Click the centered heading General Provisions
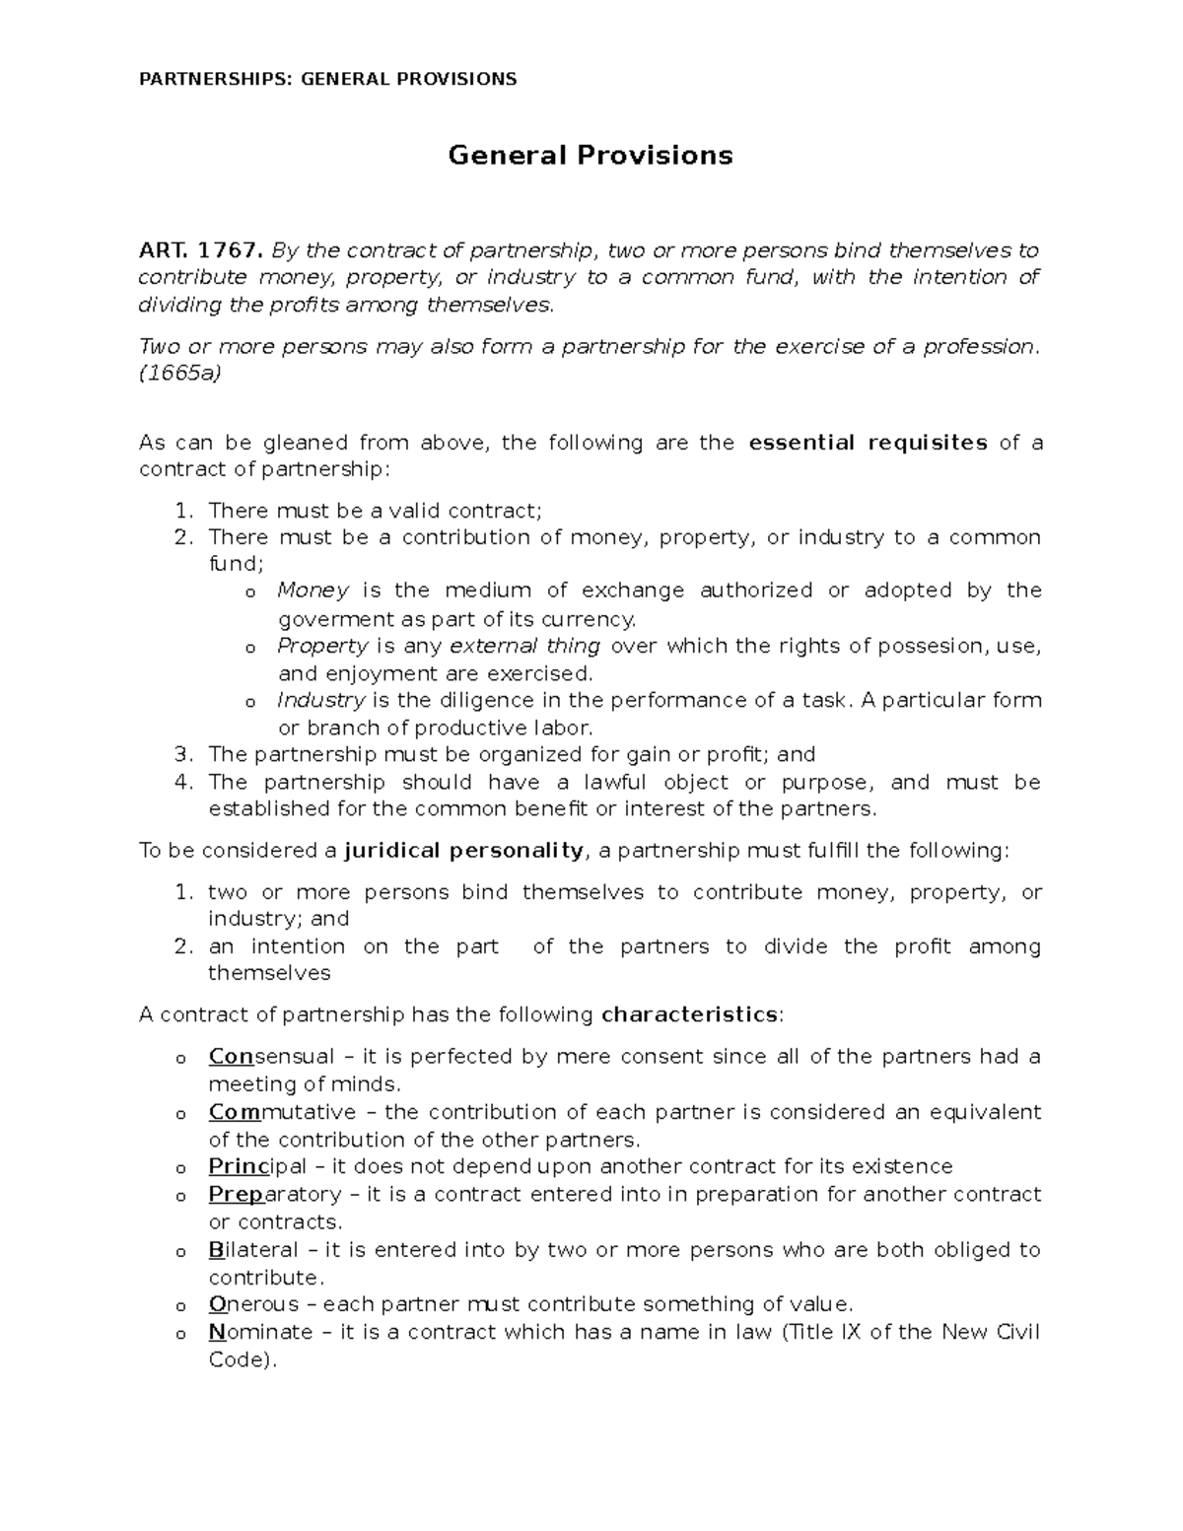tap(591, 156)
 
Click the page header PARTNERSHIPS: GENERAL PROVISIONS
tap(328, 79)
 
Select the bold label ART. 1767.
tap(201, 249)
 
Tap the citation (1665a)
tap(180, 374)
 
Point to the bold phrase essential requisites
tap(869, 443)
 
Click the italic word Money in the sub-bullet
tap(313, 591)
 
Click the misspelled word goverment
tap(326, 619)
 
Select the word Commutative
tap(282, 1112)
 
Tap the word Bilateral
tap(252, 1250)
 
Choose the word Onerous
tap(253, 1304)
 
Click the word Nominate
tap(258, 1332)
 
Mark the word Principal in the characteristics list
tap(257, 1167)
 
